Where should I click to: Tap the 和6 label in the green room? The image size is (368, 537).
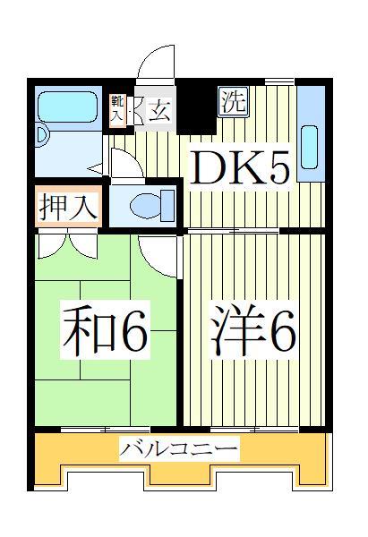click(x=106, y=332)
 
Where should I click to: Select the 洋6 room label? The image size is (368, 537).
click(x=254, y=332)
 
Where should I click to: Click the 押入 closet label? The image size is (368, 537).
click(x=67, y=206)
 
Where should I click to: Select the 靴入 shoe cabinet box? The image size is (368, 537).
click(x=116, y=110)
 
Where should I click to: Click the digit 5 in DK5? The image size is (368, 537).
click(x=276, y=166)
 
